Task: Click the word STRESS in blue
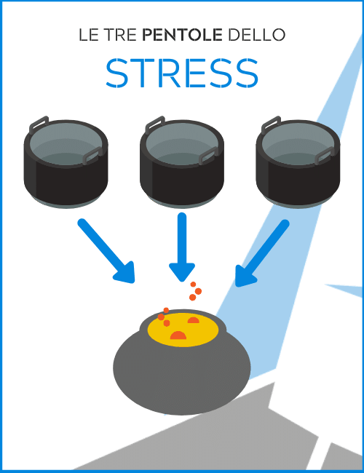182,73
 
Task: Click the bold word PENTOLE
182,35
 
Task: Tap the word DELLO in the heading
256,35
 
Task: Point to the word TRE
120,35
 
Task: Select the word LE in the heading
88,35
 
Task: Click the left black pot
66,162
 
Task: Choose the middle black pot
182,162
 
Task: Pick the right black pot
298,162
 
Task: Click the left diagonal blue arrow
106,251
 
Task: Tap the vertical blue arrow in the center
182,247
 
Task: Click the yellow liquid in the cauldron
183,330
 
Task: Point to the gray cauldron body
182,374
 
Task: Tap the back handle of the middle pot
155,124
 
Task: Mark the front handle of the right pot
325,156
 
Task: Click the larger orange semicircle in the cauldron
178,335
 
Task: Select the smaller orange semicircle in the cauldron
194,320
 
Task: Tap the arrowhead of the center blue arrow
182,272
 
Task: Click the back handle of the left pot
39,124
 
